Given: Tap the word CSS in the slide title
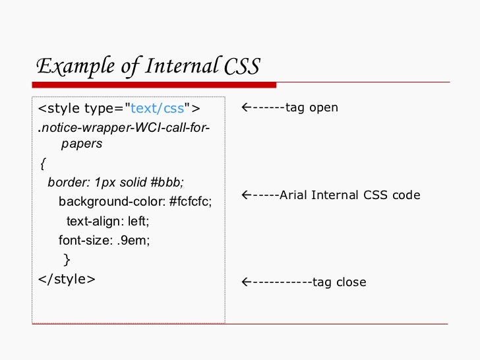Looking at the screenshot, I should coord(242,67).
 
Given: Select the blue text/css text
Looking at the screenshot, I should coord(158,108).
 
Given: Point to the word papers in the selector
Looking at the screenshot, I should coord(81,143).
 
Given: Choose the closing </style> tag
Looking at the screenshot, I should coord(67,279).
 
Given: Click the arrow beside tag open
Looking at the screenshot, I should coord(245,107).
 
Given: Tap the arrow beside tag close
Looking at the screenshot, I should coord(245,282).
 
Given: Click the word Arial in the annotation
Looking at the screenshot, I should coord(293,195).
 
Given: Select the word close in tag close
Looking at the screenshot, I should coord(351,282).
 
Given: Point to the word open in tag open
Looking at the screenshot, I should coord(324,107).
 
